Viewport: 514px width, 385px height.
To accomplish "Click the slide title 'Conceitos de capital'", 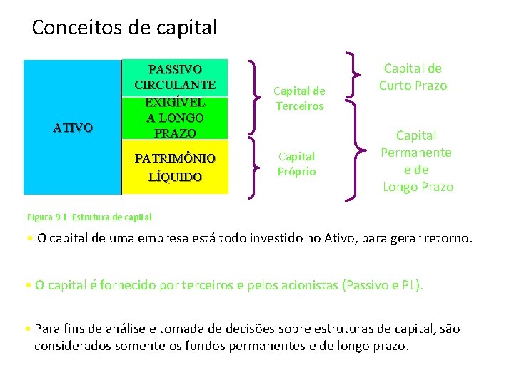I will [x=124, y=28].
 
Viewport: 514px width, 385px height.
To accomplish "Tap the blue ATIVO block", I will [x=72, y=127].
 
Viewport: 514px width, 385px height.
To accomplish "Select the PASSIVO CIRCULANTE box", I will [x=175, y=77].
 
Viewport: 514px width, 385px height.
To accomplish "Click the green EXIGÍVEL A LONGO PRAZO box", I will [x=175, y=118].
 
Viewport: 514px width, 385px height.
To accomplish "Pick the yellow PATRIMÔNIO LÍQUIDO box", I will [x=175, y=166].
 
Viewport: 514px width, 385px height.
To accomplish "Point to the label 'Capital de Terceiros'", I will [x=299, y=98].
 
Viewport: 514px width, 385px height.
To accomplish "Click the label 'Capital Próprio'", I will [x=296, y=164].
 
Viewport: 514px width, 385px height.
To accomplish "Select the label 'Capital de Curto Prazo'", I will [x=413, y=77].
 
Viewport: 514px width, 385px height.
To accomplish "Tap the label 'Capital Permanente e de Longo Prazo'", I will [x=417, y=160].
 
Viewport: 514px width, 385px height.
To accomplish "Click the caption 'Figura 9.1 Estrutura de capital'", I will [x=89, y=217].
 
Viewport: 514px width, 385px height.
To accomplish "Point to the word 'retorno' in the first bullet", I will [x=446, y=238].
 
